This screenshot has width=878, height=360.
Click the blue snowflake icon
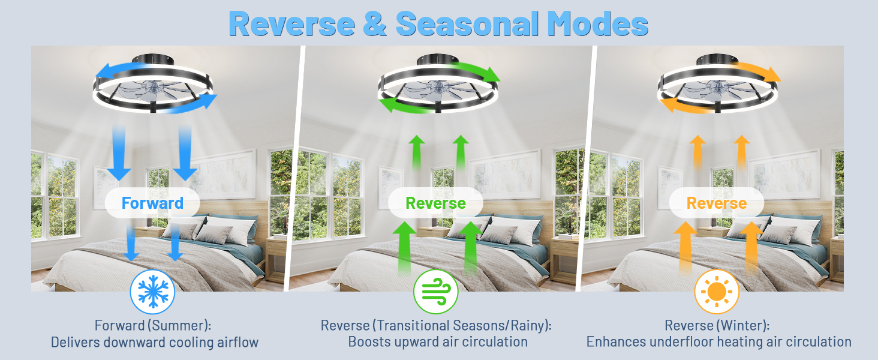(152, 292)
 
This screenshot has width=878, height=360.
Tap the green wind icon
(435, 292)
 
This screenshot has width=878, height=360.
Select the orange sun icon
(716, 292)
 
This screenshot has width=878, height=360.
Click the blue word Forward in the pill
(152, 203)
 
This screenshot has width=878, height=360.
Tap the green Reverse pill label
(435, 203)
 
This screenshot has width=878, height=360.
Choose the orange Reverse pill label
(717, 203)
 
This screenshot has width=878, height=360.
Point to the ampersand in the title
(375, 24)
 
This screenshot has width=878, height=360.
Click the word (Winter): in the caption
(741, 326)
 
